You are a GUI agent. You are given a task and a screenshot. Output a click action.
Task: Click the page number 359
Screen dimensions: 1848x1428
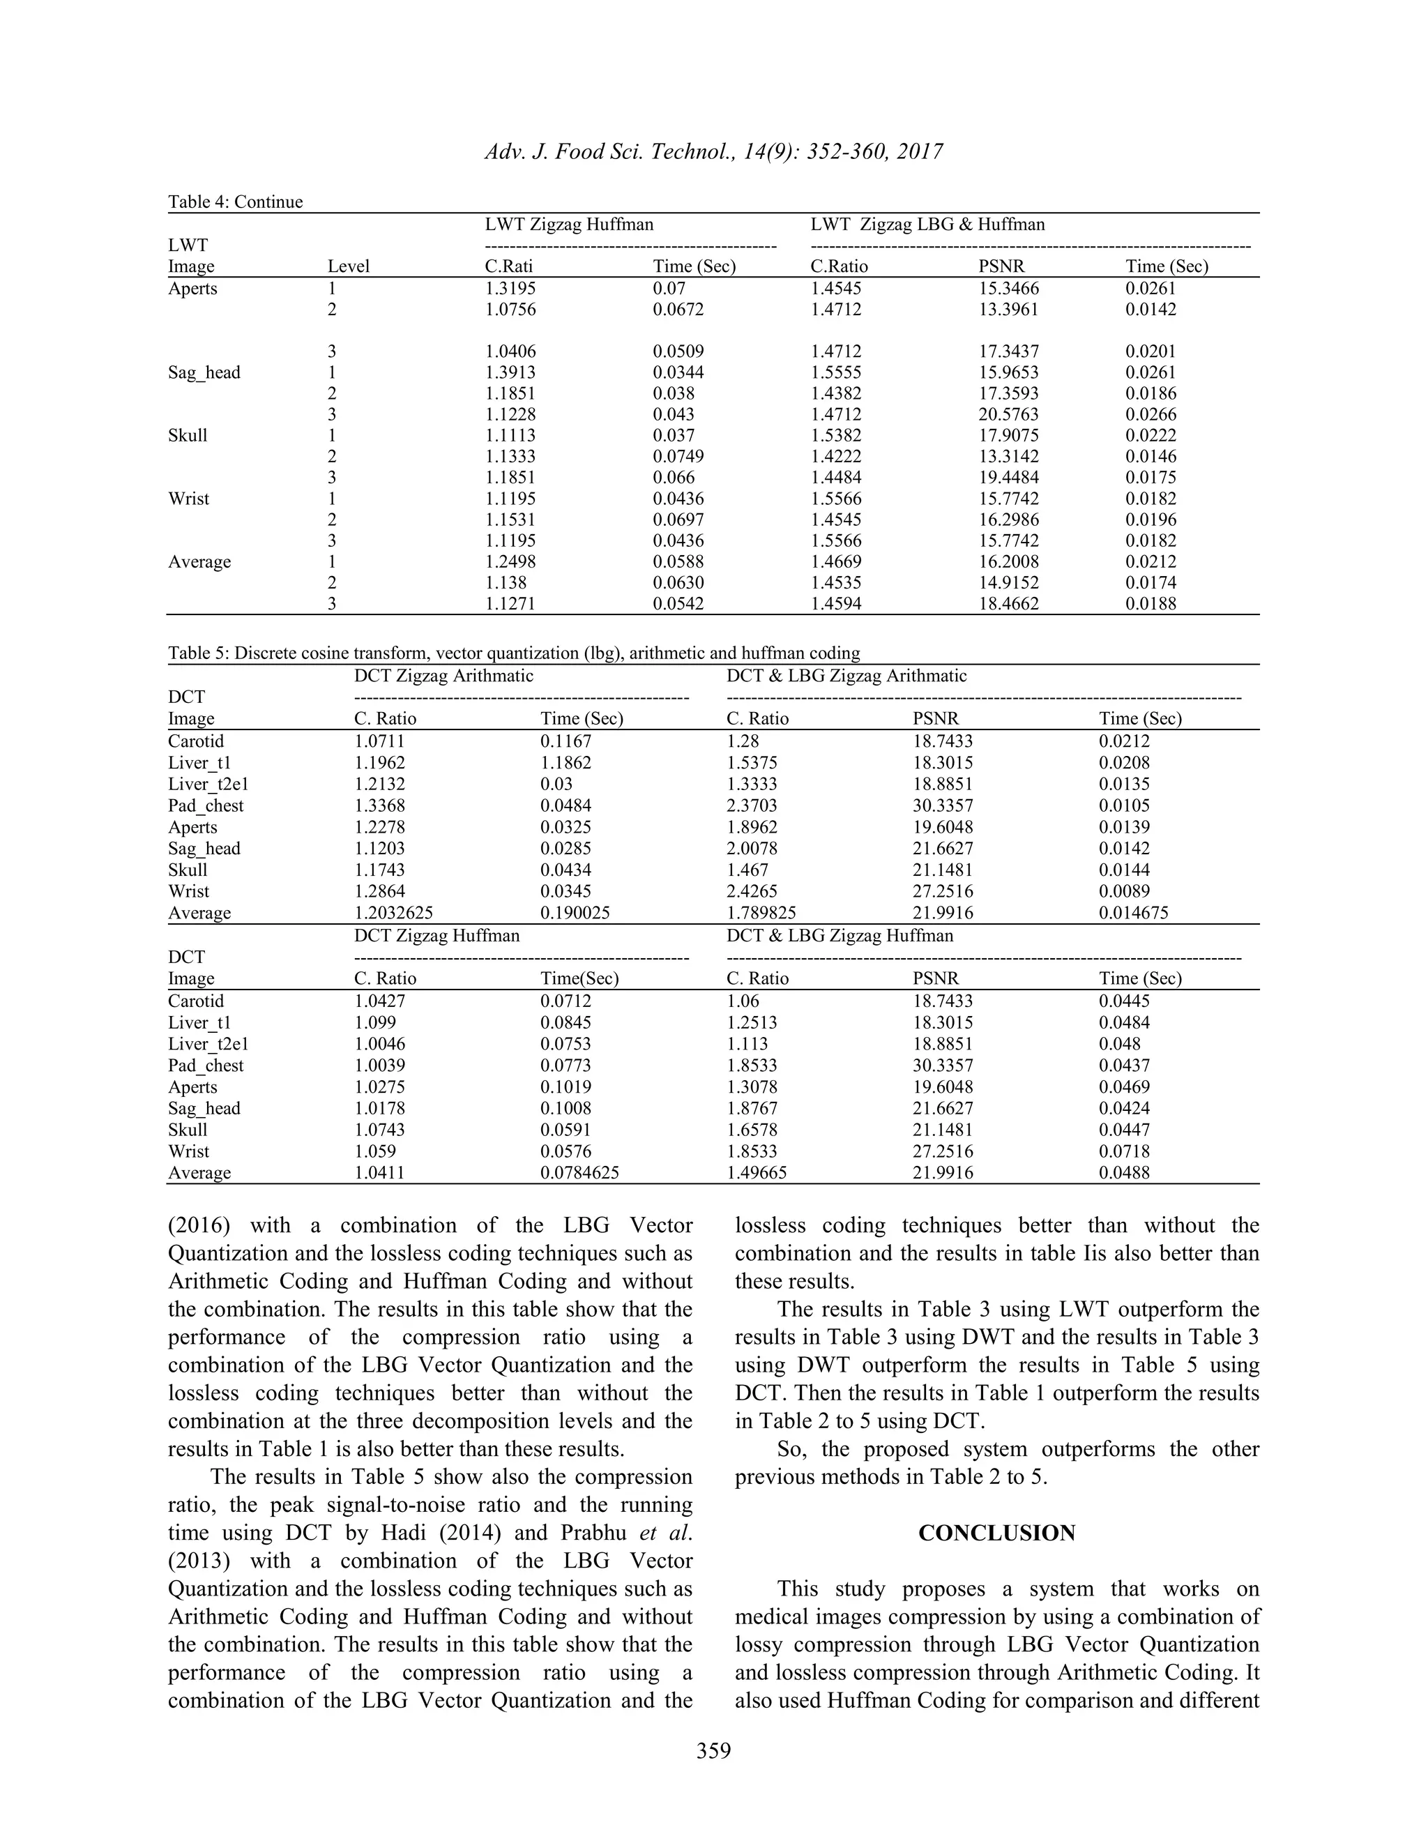click(713, 1750)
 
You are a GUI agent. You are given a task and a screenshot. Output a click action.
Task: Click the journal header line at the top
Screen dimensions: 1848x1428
click(713, 151)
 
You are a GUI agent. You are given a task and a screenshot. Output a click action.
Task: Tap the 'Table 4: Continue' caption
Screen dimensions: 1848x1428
click(235, 202)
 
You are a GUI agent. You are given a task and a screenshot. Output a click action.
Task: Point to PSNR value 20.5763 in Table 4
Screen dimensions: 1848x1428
click(1008, 415)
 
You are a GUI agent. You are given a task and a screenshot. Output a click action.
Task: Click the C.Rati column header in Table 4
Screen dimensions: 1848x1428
click(508, 266)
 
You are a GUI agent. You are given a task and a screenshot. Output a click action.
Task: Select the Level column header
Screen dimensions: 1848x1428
click(349, 266)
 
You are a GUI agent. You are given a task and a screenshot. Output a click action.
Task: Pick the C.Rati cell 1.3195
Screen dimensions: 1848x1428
click(510, 289)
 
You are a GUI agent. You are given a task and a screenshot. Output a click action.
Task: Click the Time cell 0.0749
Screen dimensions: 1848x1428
click(678, 457)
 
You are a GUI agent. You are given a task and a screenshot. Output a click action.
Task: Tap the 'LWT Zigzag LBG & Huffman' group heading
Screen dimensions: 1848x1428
click(927, 225)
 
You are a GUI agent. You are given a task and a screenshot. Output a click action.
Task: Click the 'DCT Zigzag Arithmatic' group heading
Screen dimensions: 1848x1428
click(443, 675)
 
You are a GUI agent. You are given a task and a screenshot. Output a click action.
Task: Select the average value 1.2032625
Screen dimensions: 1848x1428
click(393, 913)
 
